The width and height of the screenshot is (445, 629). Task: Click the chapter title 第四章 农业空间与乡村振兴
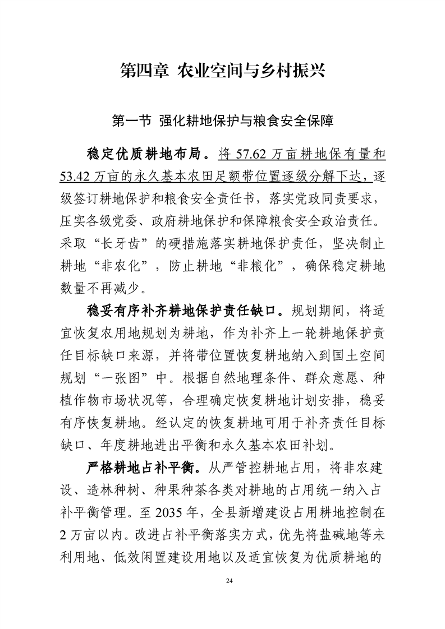pyautogui.click(x=222, y=71)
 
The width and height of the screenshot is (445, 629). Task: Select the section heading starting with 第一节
pyautogui.click(x=222, y=120)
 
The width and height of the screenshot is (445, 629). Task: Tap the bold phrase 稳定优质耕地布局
pyautogui.click(x=143, y=153)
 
